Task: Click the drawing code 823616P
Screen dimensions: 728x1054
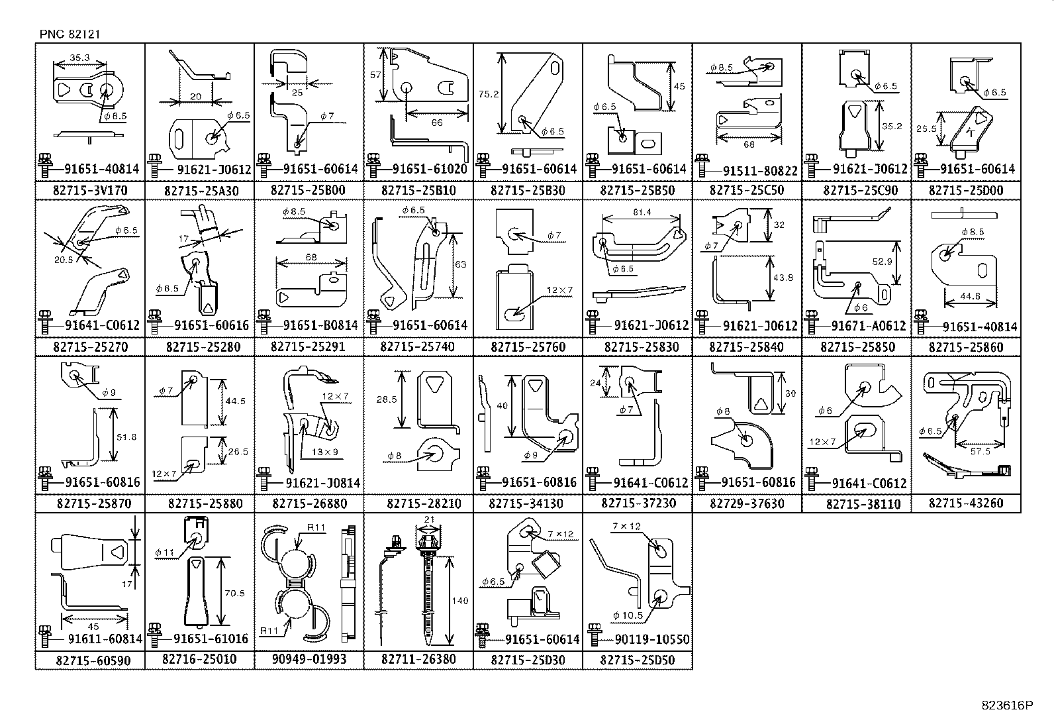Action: point(1006,706)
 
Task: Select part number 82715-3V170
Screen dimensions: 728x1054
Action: point(90,191)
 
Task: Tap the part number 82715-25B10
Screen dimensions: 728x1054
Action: point(418,191)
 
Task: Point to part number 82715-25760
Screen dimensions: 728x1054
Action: point(528,347)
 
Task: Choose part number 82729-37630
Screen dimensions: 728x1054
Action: point(747,503)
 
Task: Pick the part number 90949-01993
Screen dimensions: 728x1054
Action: point(309,660)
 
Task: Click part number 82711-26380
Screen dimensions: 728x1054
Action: point(418,660)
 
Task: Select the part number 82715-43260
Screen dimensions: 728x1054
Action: point(966,503)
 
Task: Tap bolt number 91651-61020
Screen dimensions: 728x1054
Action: point(430,169)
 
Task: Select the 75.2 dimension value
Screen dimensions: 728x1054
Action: point(488,94)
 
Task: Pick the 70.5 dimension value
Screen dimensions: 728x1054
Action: point(234,594)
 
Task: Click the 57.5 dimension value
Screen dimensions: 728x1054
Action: point(980,450)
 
